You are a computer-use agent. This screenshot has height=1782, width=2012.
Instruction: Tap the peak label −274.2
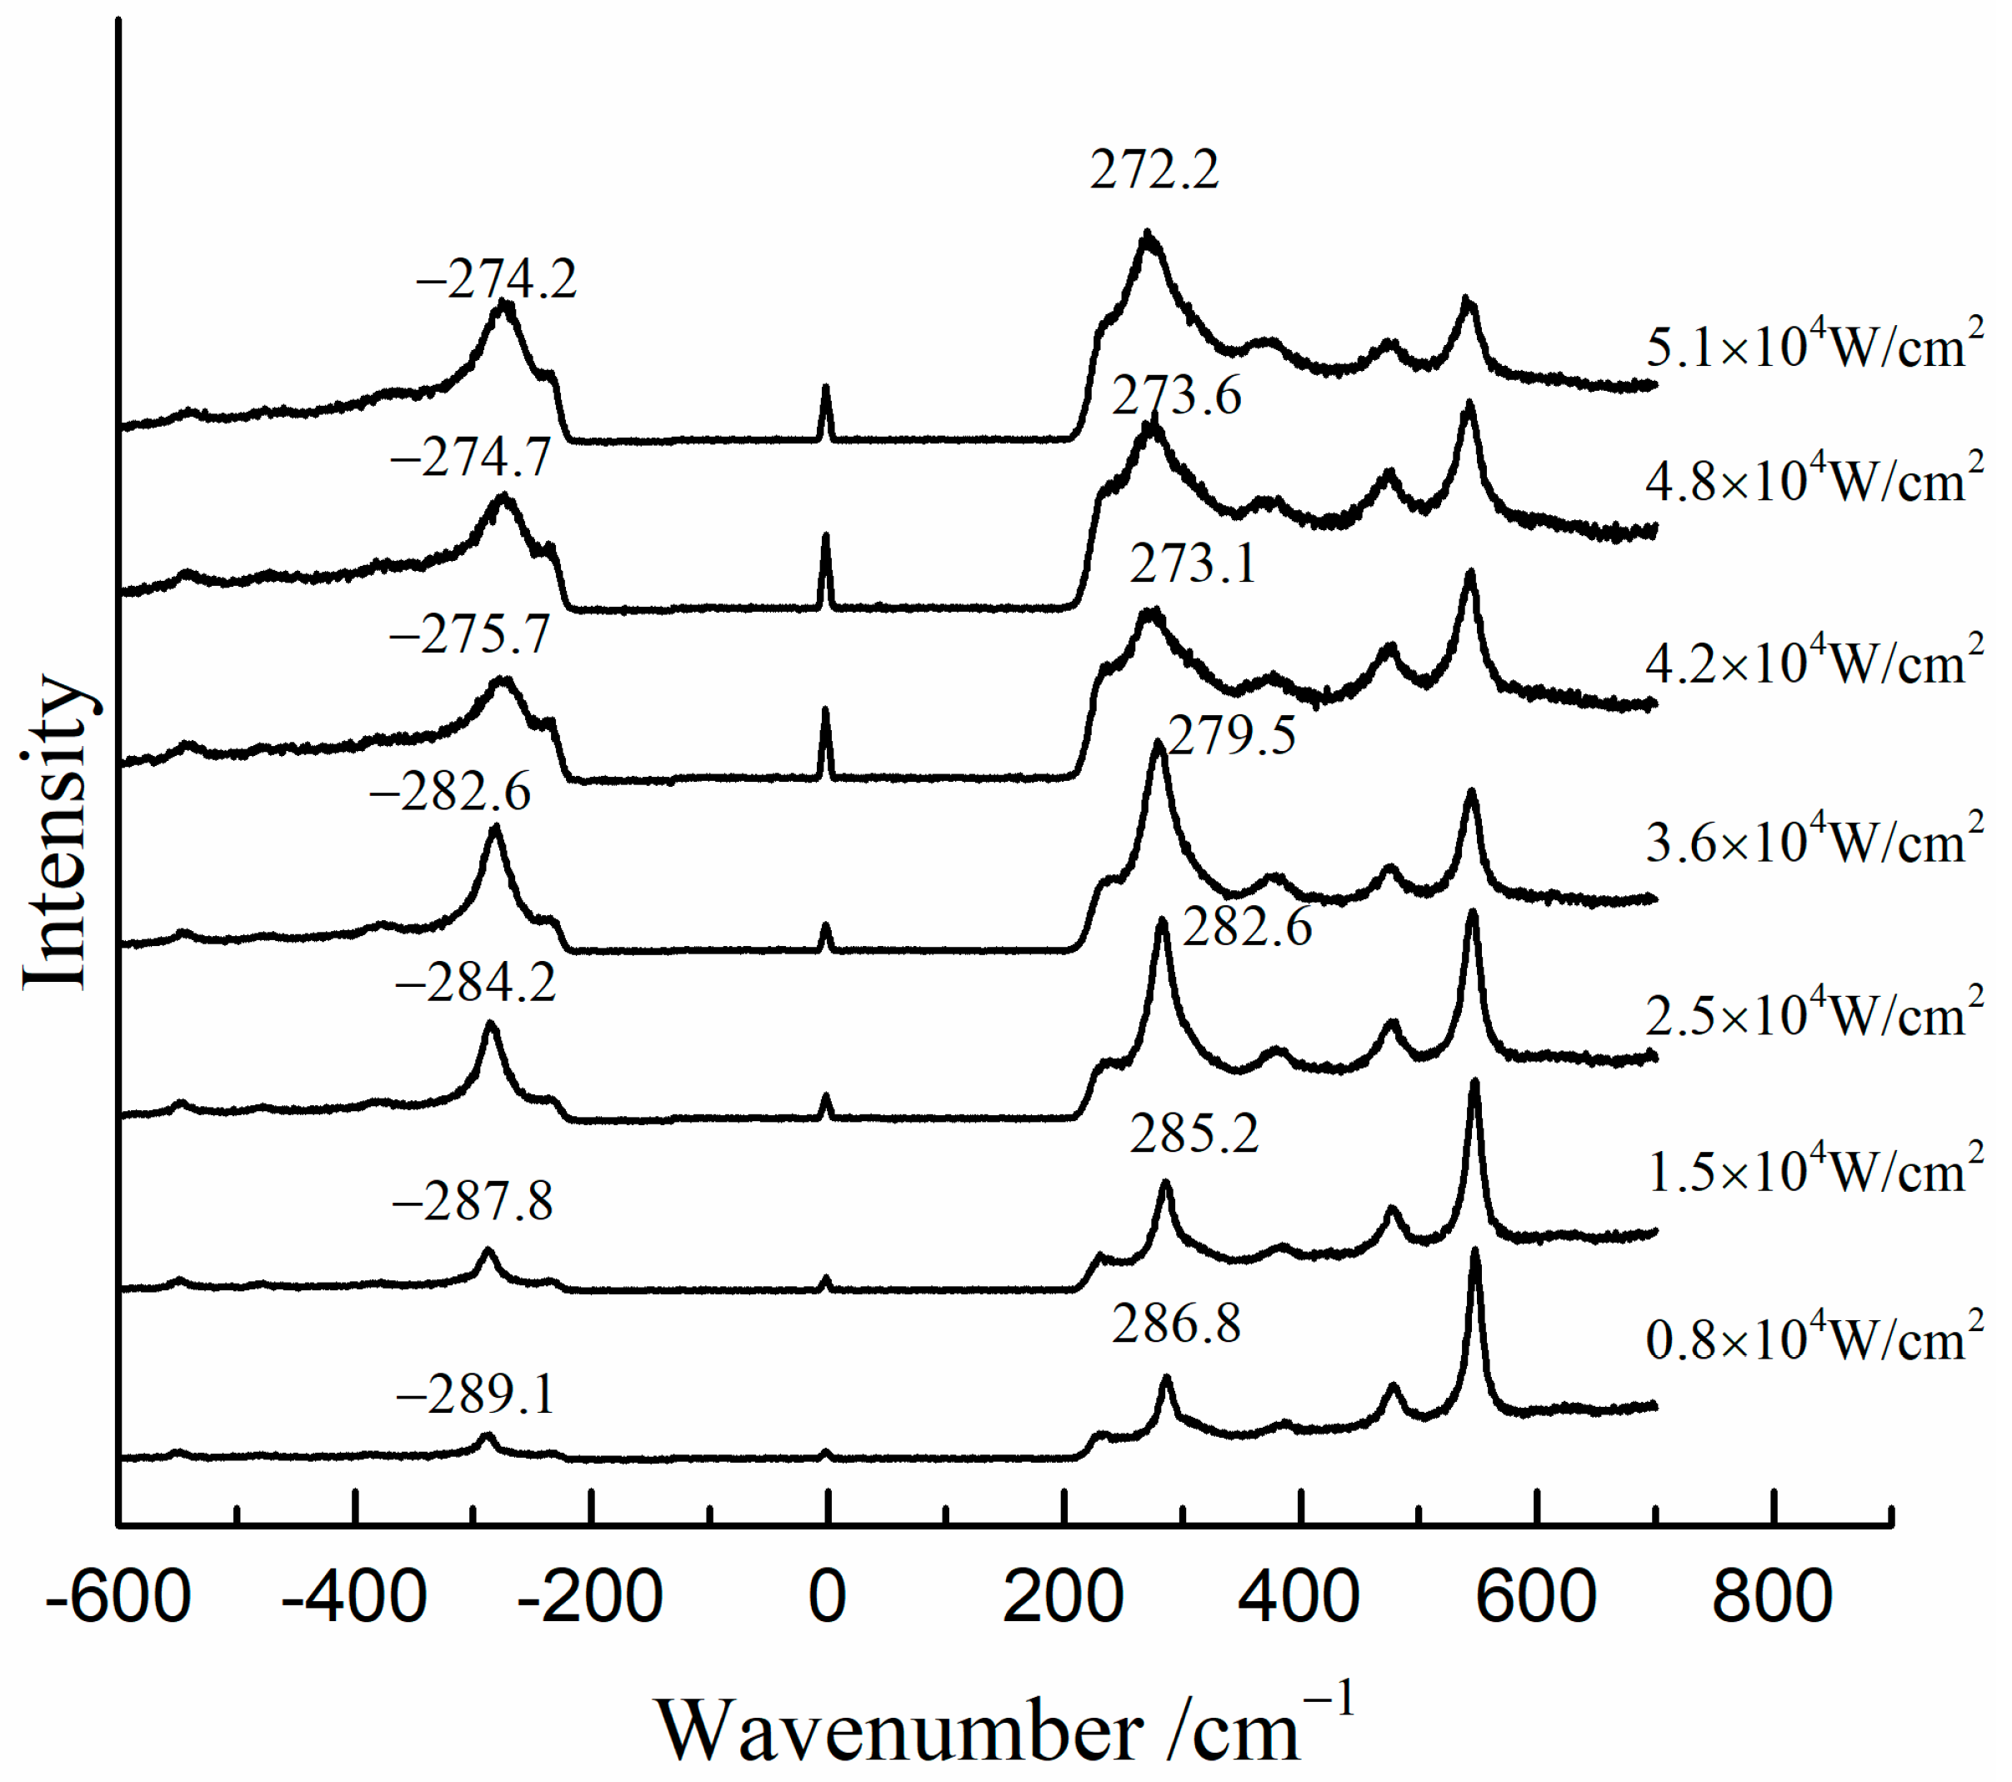[x=496, y=281]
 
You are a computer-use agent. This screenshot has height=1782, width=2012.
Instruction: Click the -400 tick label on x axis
[x=353, y=1597]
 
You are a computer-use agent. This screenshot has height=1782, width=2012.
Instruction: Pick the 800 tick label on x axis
[x=1772, y=1597]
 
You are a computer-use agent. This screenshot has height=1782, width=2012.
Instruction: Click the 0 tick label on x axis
[x=827, y=1597]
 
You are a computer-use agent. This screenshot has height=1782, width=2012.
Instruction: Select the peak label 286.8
[x=1176, y=1324]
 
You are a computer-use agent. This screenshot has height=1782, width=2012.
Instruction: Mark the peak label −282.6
[x=450, y=792]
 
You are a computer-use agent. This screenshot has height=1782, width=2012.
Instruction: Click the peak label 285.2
[x=1194, y=1134]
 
